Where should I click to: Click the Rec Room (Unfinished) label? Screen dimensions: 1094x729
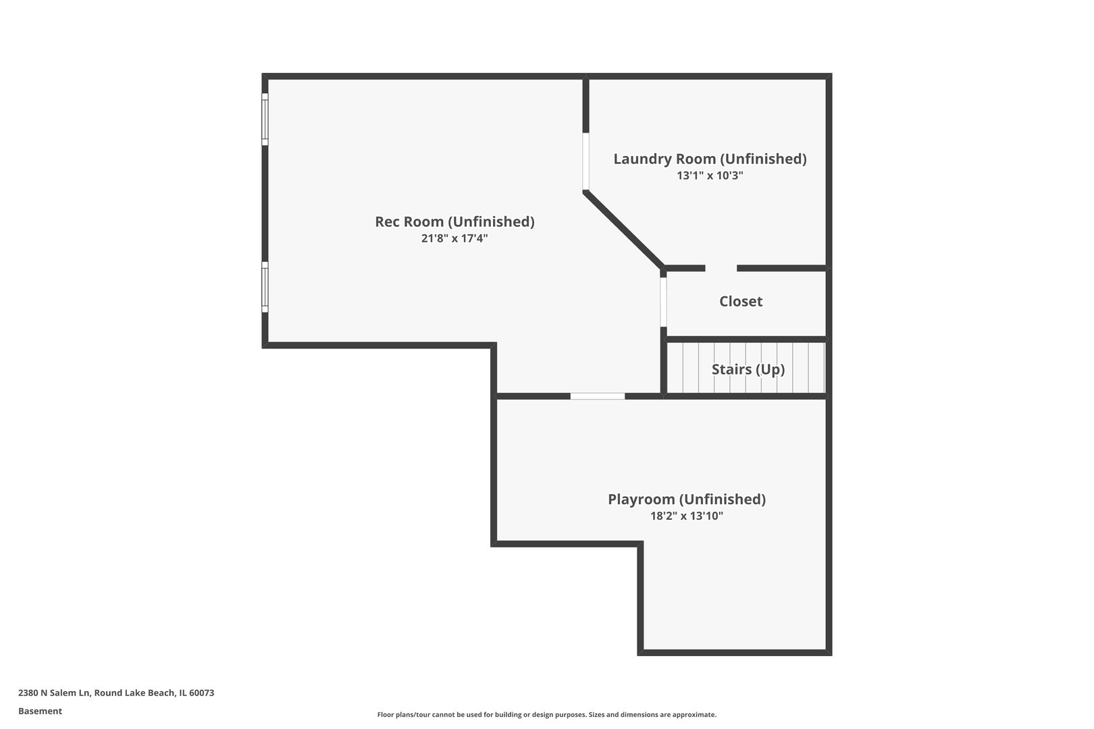point(454,221)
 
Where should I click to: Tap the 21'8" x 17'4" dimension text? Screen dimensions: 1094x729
point(454,238)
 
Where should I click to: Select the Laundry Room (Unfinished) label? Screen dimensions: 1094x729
point(710,159)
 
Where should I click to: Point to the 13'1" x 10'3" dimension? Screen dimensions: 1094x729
point(710,175)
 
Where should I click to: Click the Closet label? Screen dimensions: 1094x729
point(741,301)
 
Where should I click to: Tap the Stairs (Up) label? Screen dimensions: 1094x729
point(748,370)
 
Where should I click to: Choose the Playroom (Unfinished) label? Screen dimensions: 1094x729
point(687,499)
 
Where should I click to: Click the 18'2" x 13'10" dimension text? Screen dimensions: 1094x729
point(687,516)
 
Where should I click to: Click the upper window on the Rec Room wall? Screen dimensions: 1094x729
point(265,119)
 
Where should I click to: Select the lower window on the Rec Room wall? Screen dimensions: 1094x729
point(265,287)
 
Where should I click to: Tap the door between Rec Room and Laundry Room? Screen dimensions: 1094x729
point(585,161)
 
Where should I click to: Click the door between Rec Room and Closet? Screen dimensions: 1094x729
point(663,302)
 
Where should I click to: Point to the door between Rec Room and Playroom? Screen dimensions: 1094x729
point(597,396)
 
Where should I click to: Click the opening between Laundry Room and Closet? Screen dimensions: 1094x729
point(721,268)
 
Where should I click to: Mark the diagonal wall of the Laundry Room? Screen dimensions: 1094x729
point(624,229)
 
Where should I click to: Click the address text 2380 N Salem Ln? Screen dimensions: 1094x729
point(54,693)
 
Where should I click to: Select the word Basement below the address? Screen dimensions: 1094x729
point(40,711)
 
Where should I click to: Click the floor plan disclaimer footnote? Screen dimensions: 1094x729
point(546,714)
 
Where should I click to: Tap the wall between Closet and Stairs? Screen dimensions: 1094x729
point(746,339)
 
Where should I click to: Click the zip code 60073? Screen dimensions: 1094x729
point(201,693)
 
